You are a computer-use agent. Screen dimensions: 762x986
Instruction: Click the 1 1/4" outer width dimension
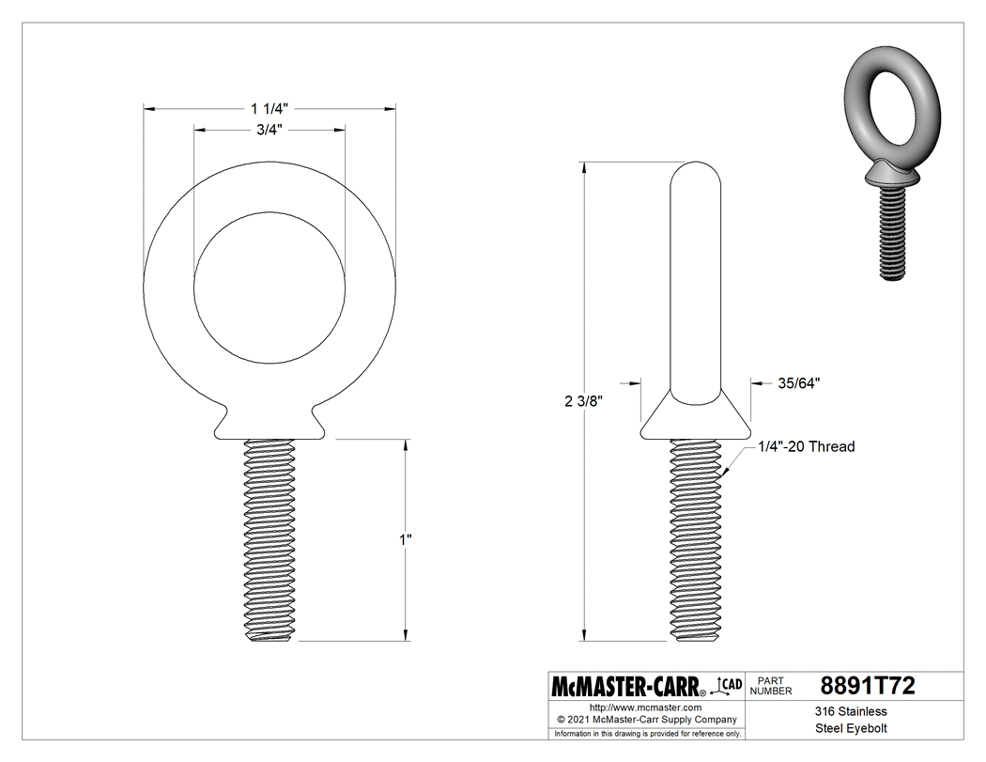(269, 108)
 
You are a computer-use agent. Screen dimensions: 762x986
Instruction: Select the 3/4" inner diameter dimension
(270, 130)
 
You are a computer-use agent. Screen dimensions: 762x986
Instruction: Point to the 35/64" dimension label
(799, 382)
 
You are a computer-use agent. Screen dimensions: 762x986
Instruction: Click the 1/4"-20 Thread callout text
(807, 446)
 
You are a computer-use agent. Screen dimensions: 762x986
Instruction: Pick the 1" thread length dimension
(406, 540)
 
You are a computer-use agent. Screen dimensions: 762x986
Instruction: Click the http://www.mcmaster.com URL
(645, 707)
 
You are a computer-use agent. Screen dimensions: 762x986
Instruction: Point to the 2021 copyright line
(645, 719)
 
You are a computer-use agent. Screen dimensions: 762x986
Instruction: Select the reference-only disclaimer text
(647, 733)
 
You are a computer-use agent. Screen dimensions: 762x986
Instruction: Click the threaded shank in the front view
(270, 540)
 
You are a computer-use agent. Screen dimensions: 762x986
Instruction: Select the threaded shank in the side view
(697, 540)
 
